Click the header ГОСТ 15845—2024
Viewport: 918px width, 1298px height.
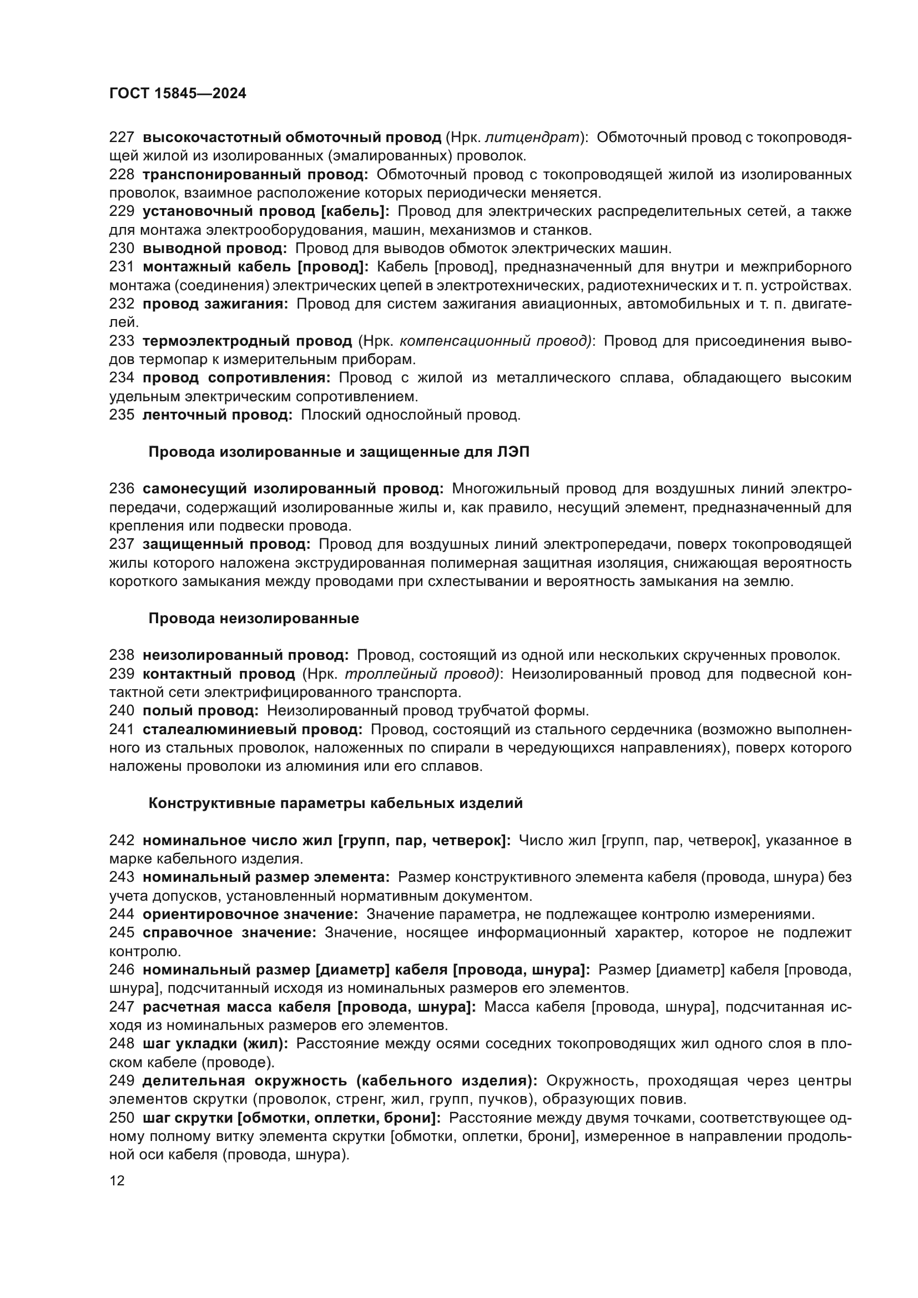178,93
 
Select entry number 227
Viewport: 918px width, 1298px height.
122,138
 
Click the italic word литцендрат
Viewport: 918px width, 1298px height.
532,138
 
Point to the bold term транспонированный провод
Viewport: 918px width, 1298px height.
255,174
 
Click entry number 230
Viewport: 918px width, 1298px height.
122,248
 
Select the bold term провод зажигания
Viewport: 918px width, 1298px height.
215,304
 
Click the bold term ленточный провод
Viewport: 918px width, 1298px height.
217,415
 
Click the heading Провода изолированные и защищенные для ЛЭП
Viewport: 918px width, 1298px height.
339,452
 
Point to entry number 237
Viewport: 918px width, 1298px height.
122,544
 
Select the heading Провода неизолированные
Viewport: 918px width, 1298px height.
254,618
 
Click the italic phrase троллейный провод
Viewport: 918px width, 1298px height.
421,674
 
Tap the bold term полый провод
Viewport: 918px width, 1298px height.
200,711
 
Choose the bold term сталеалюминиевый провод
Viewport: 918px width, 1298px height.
252,729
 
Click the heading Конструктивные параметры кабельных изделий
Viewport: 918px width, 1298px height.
336,804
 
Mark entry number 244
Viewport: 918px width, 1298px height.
122,914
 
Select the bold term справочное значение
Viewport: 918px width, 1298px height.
229,933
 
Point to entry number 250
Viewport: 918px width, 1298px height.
122,1118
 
